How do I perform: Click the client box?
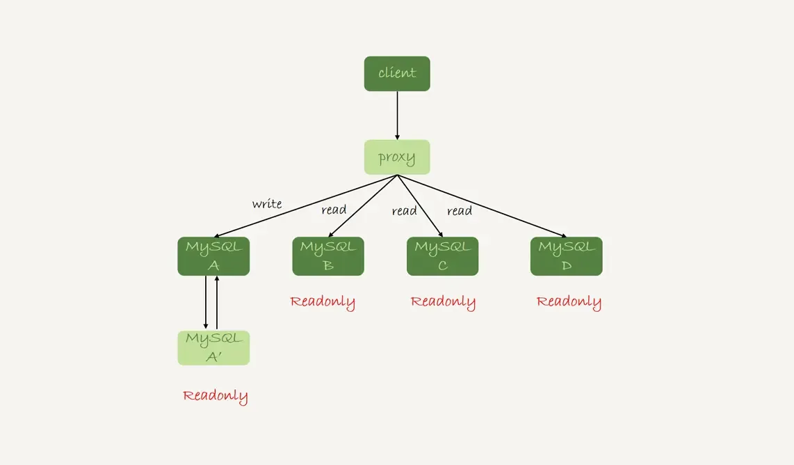pos(397,74)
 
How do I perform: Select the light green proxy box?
pos(397,157)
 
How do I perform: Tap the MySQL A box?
pos(213,256)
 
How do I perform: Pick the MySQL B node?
pos(328,256)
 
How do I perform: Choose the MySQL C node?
pos(442,256)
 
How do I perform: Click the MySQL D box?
pos(566,256)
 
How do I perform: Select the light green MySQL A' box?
pos(213,348)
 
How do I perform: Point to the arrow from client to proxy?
pos(397,115)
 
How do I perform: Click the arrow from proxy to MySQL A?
pos(306,206)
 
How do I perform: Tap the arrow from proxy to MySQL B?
pos(362,206)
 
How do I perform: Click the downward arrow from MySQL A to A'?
pos(206,303)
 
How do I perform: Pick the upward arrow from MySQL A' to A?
pos(217,303)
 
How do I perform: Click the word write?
pos(267,204)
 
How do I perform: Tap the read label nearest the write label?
pos(334,210)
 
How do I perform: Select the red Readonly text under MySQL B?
pos(323,302)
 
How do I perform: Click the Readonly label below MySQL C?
pos(443,302)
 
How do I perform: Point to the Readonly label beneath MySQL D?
pos(569,302)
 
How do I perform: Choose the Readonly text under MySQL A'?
pos(216,396)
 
